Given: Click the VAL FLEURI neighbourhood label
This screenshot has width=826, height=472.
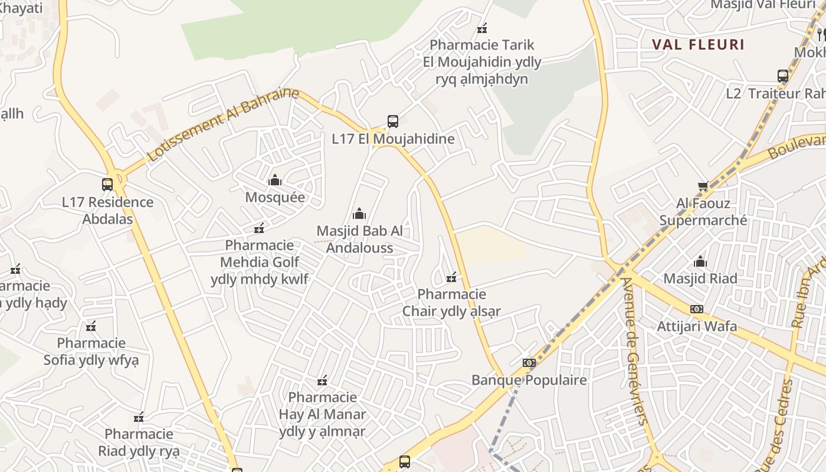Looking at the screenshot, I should [698, 44].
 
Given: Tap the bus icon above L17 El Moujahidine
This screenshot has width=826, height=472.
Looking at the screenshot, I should [393, 122].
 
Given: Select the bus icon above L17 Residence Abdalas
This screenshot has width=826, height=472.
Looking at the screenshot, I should [107, 185].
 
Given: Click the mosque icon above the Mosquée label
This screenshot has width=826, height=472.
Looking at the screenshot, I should [275, 180].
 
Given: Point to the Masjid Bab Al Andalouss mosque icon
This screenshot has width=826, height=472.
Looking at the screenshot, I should [359, 214].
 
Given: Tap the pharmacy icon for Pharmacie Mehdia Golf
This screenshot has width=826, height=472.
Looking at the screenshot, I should [258, 228].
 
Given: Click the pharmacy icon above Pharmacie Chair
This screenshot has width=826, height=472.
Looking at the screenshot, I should [451, 277].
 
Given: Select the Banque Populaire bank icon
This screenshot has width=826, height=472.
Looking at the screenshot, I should [529, 363].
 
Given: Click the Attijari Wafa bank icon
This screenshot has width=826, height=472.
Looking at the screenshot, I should [697, 309].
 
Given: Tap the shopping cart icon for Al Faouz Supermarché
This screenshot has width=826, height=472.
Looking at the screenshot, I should [703, 186].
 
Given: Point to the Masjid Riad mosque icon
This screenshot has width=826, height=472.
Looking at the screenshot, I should [700, 261].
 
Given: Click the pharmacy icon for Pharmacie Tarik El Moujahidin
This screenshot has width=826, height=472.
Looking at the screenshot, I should [482, 28].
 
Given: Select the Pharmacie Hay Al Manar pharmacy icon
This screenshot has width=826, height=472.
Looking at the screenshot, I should [322, 381].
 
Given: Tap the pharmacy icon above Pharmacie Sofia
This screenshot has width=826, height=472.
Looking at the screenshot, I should [91, 326].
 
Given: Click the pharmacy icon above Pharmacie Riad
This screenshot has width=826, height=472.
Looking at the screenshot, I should [139, 417].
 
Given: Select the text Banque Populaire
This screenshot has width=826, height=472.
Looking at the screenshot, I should [529, 380].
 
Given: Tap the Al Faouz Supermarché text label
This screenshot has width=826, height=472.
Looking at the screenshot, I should [703, 212].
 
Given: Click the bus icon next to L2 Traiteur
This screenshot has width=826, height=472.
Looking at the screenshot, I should [783, 76].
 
